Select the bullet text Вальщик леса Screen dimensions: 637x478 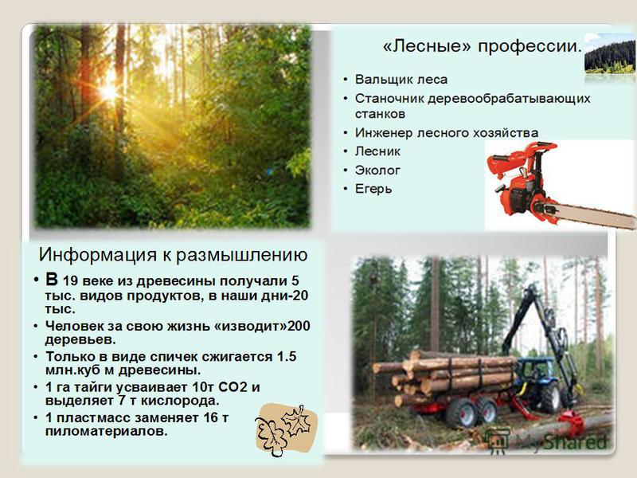pyautogui.click(x=401, y=79)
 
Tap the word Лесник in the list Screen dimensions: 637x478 pyautogui.click(x=377, y=151)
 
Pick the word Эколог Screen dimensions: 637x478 pyautogui.click(x=377, y=170)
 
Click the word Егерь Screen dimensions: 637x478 pyautogui.click(x=373, y=189)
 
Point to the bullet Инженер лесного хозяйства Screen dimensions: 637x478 pyautogui.click(x=447, y=132)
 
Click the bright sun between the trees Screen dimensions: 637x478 pyautogui.click(x=108, y=91)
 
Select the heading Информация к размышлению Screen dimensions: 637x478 pyautogui.click(x=173, y=255)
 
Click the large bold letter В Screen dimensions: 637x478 pyautogui.click(x=52, y=280)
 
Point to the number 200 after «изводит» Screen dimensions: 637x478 pyautogui.click(x=299, y=326)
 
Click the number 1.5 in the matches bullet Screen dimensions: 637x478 pyautogui.click(x=287, y=356)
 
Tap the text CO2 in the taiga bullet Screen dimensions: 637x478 pyautogui.click(x=233, y=387)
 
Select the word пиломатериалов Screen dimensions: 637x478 pyautogui.click(x=107, y=431)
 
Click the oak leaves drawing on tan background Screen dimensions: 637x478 pyautogui.click(x=286, y=429)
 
